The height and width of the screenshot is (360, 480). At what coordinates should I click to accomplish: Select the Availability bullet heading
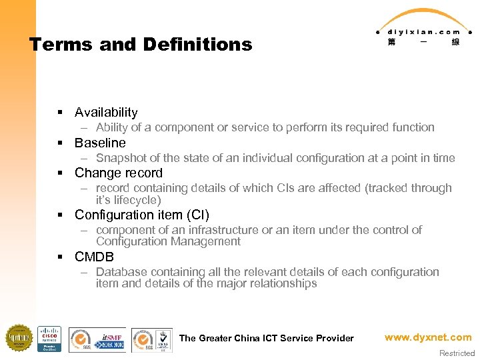point(106,112)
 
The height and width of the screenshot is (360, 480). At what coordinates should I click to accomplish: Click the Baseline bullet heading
point(100,143)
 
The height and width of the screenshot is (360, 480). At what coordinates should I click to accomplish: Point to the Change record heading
point(119,173)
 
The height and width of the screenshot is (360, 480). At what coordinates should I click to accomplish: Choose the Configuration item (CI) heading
point(142,215)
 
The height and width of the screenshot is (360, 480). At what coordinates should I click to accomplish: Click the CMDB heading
point(94,257)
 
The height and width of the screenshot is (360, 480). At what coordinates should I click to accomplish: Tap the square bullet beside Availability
point(60,113)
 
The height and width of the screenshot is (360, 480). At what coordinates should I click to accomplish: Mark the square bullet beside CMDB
point(60,257)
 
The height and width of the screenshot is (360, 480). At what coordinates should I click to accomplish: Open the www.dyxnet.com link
point(427,337)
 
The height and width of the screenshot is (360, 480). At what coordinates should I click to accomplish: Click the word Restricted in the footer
point(457,353)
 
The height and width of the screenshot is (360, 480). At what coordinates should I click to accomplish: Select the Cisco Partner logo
point(49,339)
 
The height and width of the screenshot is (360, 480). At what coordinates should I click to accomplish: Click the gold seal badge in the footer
point(19,338)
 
